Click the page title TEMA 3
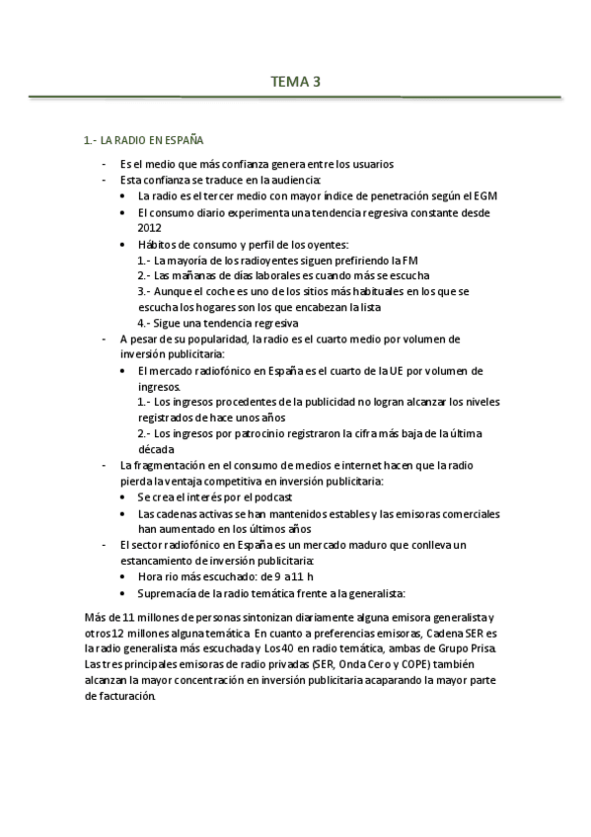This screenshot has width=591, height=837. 295,82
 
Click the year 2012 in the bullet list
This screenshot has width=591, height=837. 149,227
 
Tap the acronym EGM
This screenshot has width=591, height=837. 483,196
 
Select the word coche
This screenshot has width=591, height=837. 216,291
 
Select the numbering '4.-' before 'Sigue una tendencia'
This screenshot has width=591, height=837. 144,323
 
